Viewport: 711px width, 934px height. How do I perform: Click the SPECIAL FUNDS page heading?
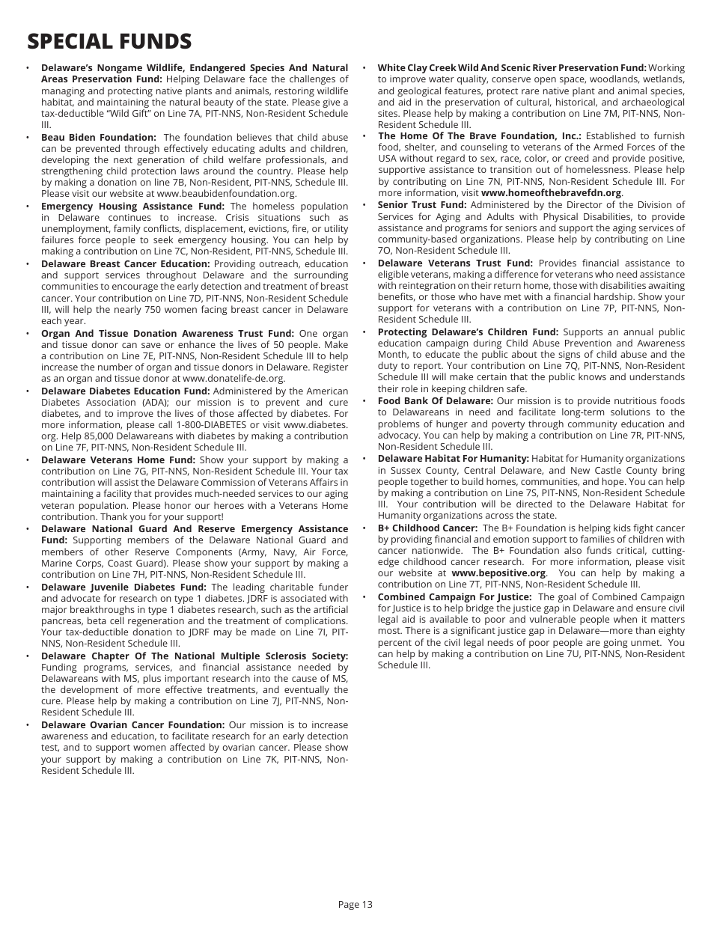109,41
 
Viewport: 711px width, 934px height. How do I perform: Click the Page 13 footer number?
355,904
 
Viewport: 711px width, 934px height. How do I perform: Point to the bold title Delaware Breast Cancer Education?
125,263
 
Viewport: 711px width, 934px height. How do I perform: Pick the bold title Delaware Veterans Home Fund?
118,460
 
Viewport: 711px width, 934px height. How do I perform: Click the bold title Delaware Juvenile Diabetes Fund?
123,587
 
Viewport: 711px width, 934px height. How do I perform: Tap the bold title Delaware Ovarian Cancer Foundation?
132,724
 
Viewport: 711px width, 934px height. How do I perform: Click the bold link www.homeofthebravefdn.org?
551,192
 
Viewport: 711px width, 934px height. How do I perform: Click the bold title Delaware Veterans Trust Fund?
455,263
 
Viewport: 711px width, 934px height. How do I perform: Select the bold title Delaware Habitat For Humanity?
453,458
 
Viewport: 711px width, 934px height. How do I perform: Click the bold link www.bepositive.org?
498,573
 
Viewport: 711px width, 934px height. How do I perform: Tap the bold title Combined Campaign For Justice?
454,596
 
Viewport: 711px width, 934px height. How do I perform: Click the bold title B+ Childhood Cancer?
427,528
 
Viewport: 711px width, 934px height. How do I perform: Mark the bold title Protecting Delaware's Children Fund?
468,332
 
